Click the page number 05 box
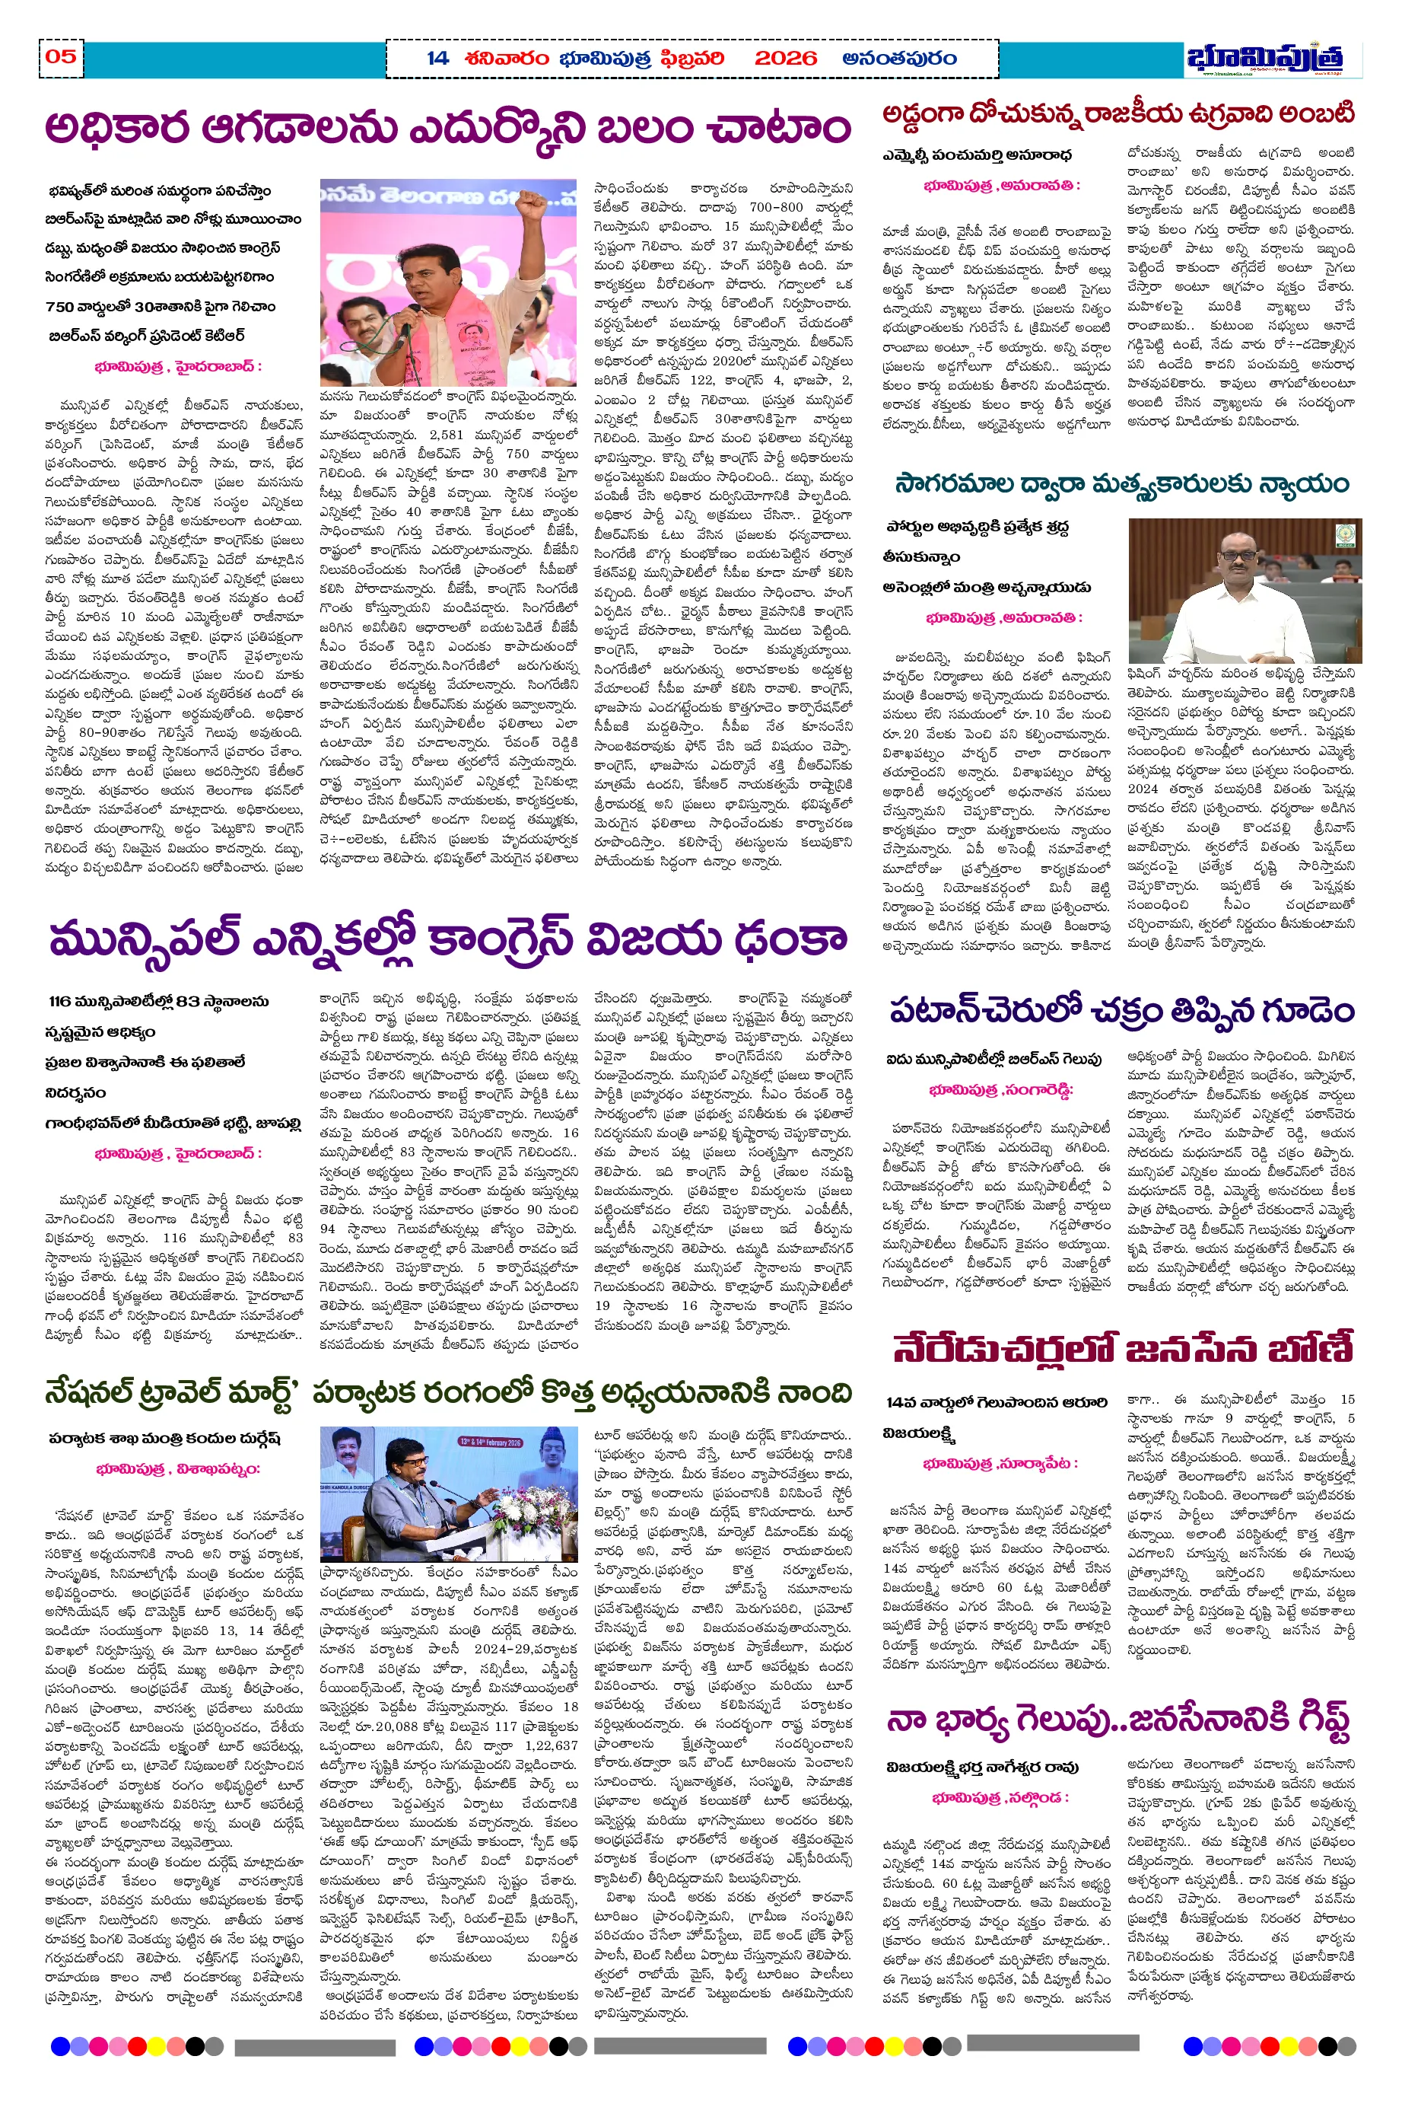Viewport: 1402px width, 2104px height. (61, 57)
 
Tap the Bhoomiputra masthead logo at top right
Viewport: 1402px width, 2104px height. (1264, 58)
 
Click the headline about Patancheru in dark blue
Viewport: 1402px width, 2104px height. (1122, 1012)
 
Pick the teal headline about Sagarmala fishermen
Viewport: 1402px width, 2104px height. (1121, 485)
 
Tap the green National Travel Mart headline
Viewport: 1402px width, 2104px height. (447, 1393)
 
